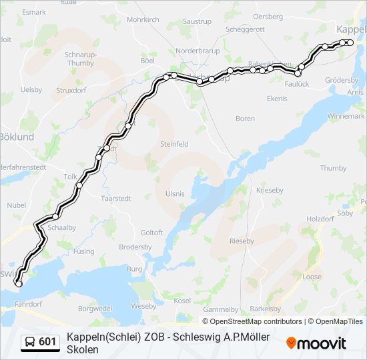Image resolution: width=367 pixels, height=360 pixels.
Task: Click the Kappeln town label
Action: tap(351, 29)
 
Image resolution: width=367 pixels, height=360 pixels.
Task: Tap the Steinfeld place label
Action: tap(174, 143)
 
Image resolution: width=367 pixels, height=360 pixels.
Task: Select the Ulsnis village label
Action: tap(175, 193)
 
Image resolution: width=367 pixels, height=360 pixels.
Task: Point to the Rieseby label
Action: tap(242, 241)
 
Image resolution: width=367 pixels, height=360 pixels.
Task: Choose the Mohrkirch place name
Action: tap(143, 20)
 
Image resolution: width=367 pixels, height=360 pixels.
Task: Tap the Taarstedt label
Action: tap(115, 199)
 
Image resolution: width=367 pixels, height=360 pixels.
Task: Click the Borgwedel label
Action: tap(95, 309)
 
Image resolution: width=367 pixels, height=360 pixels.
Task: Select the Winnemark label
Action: tap(346, 116)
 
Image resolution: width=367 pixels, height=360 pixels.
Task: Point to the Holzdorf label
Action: tap(319, 219)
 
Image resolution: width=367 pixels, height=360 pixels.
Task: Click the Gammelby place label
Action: tap(220, 309)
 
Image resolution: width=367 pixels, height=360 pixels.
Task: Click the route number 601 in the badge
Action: tap(47, 342)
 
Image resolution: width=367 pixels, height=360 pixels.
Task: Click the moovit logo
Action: tap(316, 343)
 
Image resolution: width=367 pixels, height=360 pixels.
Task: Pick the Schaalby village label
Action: tap(60, 227)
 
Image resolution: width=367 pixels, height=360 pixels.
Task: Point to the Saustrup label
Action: tap(197, 22)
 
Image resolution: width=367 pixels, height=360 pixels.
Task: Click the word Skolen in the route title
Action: tap(83, 350)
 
